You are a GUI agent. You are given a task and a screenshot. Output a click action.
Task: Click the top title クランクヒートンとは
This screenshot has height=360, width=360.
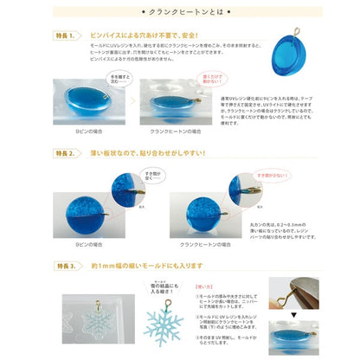[180, 16]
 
